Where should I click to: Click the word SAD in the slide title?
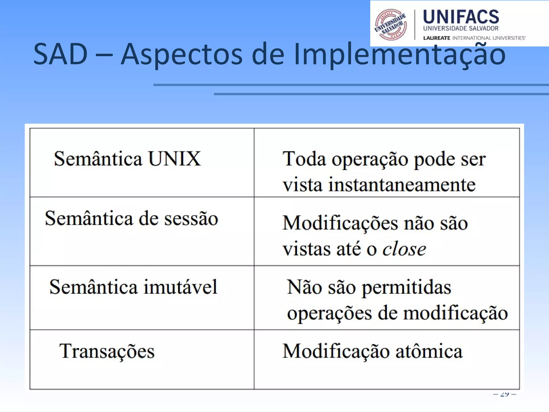click(61, 54)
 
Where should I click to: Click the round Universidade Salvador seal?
click(391, 25)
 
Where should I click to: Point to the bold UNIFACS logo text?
click(461, 17)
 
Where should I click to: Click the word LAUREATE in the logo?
click(436, 38)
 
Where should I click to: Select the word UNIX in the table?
click(174, 159)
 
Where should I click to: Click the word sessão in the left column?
click(191, 219)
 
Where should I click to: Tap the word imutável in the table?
click(180, 287)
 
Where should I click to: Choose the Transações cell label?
click(107, 351)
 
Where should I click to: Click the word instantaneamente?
click(402, 185)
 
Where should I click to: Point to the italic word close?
click(404, 249)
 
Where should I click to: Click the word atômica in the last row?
click(429, 351)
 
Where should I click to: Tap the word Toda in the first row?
click(304, 159)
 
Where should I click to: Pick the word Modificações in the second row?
click(340, 223)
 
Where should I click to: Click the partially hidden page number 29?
click(505, 394)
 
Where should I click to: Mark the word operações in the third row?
click(329, 313)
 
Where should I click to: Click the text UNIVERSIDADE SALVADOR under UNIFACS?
click(461, 28)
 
